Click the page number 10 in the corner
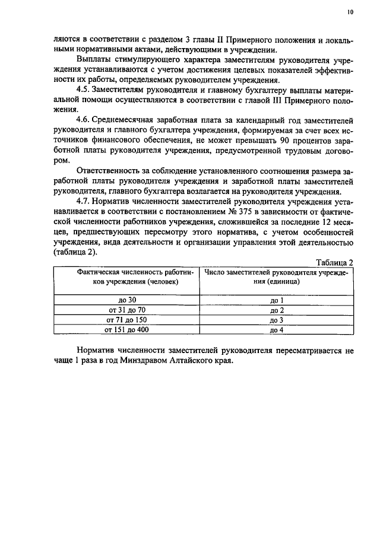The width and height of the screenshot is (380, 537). click(350, 11)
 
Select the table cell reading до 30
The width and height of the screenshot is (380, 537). click(128, 301)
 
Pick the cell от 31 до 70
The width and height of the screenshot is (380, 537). click(127, 310)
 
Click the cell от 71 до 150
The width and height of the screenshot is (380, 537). click(127, 320)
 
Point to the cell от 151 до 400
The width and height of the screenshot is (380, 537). click(127, 329)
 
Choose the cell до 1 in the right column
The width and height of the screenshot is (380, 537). click(277, 301)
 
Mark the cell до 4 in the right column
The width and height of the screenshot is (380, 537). click(277, 329)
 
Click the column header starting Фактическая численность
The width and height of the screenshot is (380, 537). click(127, 277)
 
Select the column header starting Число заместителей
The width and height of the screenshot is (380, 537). click(277, 277)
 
